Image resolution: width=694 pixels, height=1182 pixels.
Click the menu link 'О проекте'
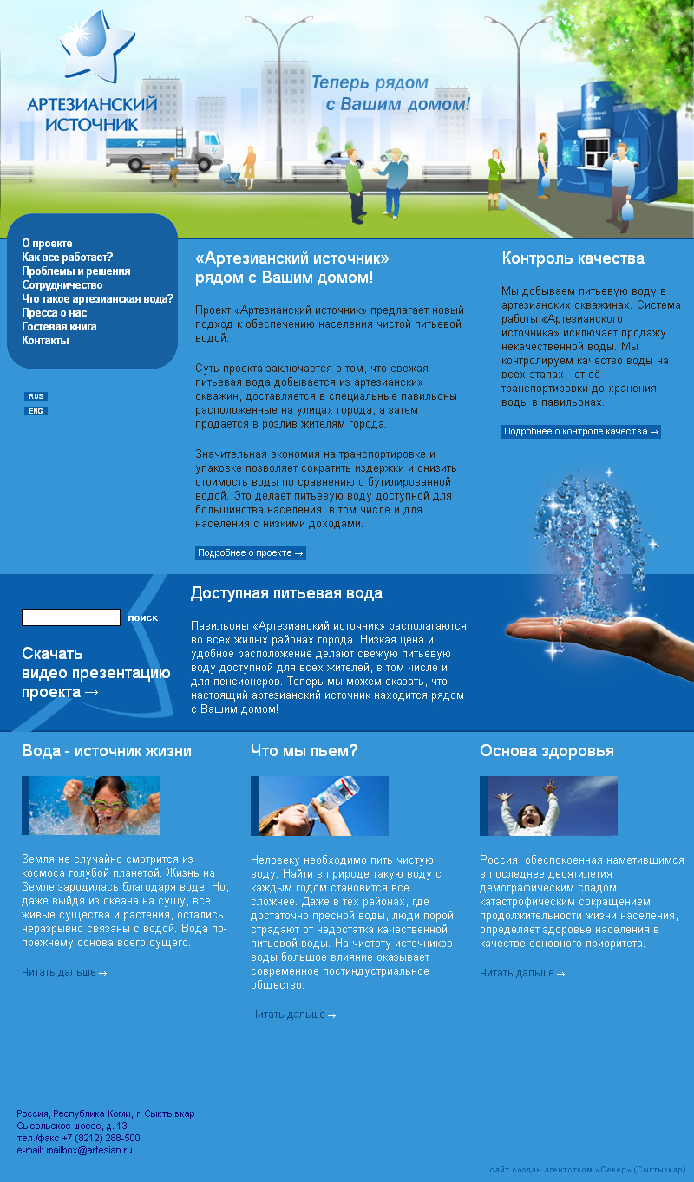(47, 244)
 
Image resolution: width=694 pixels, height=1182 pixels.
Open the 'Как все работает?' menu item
(67, 258)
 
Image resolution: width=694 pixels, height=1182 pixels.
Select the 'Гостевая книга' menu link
(59, 327)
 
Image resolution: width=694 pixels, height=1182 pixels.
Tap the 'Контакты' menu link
(45, 341)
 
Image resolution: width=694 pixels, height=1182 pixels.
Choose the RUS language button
(36, 396)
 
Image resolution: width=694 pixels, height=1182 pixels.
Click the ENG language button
(36, 411)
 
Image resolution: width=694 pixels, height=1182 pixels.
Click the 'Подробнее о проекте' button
(250, 553)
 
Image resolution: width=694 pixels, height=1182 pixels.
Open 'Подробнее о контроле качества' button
(580, 432)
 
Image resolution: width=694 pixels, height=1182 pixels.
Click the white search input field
(71, 617)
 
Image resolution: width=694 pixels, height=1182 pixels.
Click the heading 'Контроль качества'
(573, 258)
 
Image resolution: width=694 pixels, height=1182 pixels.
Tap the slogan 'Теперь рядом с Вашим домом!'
(390, 94)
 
